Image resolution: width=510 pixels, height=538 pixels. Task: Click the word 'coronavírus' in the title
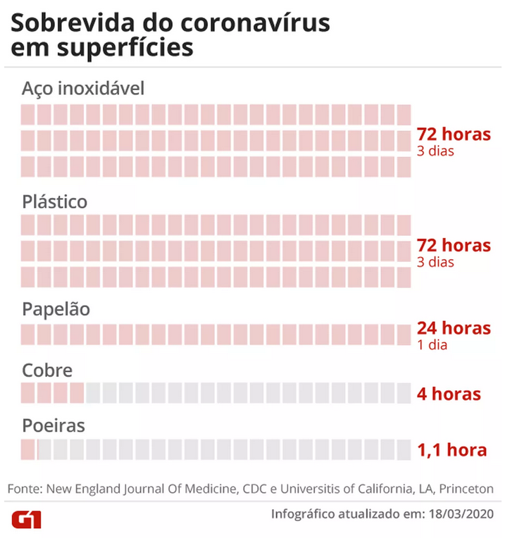[x=255, y=23]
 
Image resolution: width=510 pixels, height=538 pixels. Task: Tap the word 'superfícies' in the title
[x=125, y=47]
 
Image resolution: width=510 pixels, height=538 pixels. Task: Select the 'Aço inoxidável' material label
[x=82, y=89]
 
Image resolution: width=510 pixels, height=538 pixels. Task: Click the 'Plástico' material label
[x=54, y=201]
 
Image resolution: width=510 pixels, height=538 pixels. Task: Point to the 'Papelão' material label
[x=56, y=309]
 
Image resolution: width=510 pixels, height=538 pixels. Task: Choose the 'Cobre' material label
[x=47, y=370]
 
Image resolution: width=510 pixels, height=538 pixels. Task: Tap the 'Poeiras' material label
[x=54, y=426]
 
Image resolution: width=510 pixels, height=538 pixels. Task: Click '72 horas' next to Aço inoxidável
[x=454, y=134]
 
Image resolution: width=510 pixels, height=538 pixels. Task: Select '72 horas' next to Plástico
[x=454, y=245]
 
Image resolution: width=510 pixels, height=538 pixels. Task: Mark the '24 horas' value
[x=454, y=328]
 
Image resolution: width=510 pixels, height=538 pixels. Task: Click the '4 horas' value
[x=449, y=394]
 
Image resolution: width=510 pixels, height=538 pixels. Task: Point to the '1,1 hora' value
[x=452, y=450]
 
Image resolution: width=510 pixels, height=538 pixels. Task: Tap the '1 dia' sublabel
[x=432, y=345]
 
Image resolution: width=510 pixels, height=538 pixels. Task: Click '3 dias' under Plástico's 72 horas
[x=435, y=262]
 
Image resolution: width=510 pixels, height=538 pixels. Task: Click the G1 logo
[x=27, y=520]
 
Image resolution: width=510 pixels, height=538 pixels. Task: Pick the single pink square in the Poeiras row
[x=27, y=449]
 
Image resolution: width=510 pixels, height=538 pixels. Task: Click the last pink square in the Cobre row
[x=77, y=393]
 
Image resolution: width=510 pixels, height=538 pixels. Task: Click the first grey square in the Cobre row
[x=93, y=393]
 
